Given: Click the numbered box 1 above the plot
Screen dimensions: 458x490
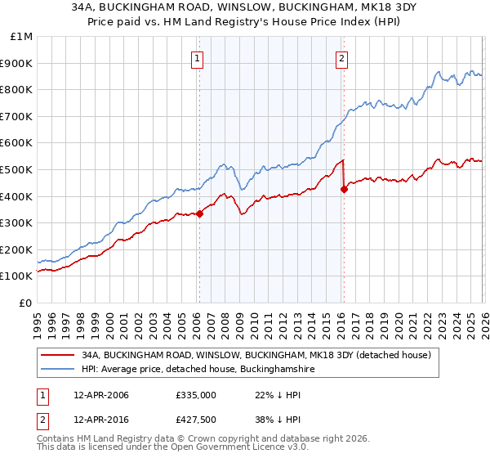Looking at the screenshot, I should (x=198, y=58).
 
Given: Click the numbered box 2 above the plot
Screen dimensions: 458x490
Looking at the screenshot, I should (x=341, y=58).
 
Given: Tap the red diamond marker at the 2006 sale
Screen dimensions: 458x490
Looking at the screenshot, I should (x=199, y=214).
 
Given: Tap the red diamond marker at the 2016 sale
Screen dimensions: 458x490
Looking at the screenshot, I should (x=344, y=190).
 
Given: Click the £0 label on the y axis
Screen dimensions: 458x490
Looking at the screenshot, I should (x=26, y=303).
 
